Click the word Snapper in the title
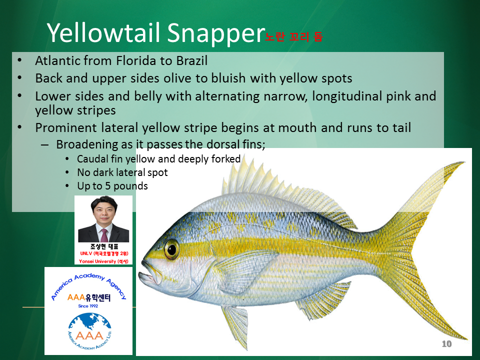[216, 33]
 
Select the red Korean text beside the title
[293, 36]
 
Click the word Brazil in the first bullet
[192, 60]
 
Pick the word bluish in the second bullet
[228, 78]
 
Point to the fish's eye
[171, 249]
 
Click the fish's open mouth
[149, 274]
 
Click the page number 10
[446, 344]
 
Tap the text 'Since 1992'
[88, 306]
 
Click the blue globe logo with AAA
[89, 331]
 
